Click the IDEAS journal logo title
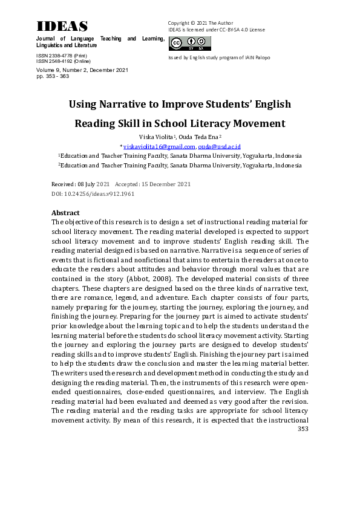(62, 26)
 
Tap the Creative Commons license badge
(189, 43)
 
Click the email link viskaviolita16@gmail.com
(159, 146)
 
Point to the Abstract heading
(65, 213)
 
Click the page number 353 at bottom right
(303, 429)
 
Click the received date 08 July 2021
(94, 184)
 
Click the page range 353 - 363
(53, 77)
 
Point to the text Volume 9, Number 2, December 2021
(82, 70)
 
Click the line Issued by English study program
(218, 57)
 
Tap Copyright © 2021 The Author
(200, 23)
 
